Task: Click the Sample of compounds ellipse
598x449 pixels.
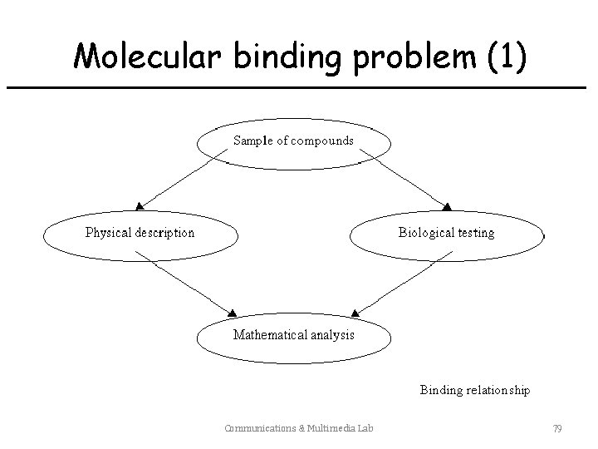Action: tap(293, 145)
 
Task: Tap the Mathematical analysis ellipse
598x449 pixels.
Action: tap(293, 337)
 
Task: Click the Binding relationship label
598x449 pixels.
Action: tap(474, 389)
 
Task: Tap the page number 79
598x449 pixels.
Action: tap(557, 429)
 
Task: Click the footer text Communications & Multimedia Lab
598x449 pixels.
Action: tap(298, 429)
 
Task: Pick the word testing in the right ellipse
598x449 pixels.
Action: tap(473, 234)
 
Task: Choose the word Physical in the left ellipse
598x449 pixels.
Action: tap(106, 233)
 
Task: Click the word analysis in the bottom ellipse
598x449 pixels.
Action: tap(332, 335)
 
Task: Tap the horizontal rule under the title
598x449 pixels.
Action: tap(299, 86)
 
